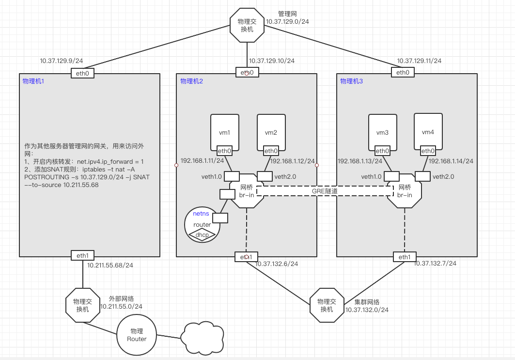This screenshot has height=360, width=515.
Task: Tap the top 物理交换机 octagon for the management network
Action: tap(247, 26)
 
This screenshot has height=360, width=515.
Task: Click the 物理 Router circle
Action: tap(137, 335)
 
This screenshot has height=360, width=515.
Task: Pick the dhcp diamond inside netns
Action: tap(202, 235)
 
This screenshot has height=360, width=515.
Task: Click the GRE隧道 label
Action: tap(325, 191)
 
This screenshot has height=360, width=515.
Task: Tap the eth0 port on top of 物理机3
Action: tap(403, 73)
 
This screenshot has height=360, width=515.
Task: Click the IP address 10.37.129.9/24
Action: tap(62, 61)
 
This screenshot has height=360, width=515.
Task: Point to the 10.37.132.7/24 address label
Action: tap(435, 263)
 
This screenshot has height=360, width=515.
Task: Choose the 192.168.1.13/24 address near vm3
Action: tap(360, 161)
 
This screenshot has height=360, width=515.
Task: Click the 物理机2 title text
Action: tap(191, 81)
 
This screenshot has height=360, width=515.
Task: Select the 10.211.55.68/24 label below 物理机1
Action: tap(110, 265)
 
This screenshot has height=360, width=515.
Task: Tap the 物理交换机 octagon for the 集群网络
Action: tap(327, 305)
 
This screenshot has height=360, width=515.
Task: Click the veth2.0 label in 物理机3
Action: tap(443, 177)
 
